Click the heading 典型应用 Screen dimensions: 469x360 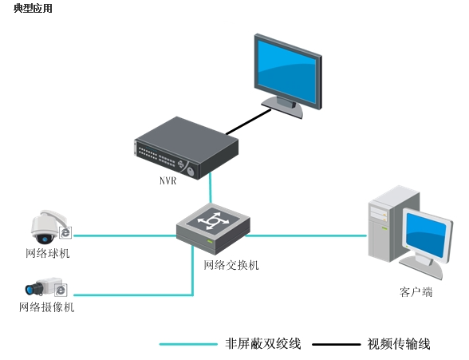tap(33, 8)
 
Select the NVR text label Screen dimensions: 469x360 tap(167, 180)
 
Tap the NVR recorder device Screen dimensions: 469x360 tap(186, 148)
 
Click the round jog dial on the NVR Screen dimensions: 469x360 tap(191, 172)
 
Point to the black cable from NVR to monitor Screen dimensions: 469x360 tap(248, 122)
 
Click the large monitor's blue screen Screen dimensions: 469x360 tap(286, 72)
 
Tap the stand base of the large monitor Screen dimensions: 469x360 tap(282, 108)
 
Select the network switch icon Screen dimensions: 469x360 tap(213, 228)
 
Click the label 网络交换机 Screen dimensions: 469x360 tap(231, 265)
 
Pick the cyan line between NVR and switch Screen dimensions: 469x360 tap(211, 188)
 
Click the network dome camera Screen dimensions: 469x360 tap(49, 227)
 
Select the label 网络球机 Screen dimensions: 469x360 tap(48, 254)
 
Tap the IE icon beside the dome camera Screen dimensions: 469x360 tap(65, 232)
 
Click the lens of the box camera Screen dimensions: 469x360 tap(30, 290)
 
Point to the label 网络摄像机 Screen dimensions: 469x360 tap(46, 307)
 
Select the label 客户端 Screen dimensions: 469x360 tap(416, 292)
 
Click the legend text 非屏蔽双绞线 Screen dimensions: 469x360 tap(263, 344)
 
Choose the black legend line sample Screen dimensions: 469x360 tap(337, 345)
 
